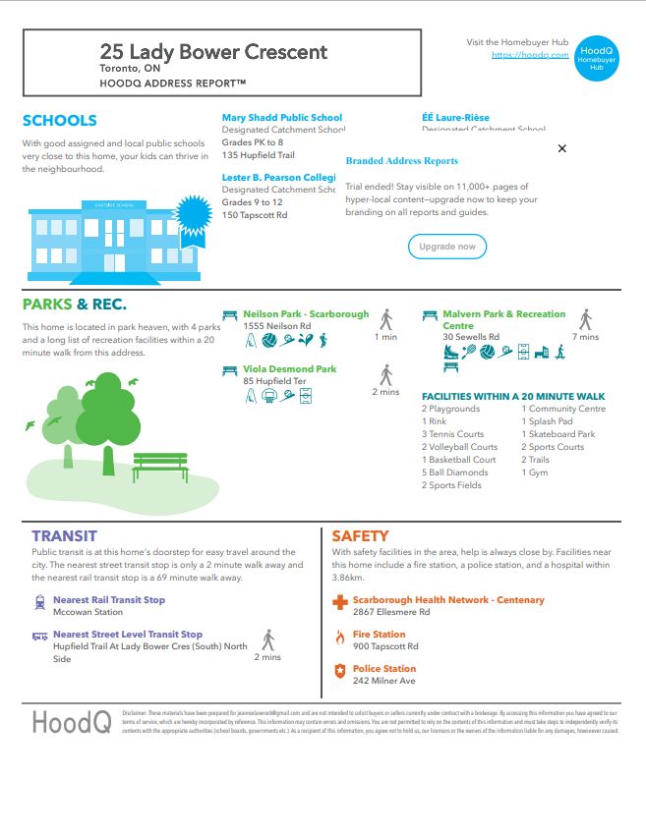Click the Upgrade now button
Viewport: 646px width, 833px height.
point(447,247)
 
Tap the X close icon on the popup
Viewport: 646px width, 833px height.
point(562,148)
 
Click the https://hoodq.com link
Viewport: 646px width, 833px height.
point(530,55)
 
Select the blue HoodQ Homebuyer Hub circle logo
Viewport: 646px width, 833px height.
point(597,56)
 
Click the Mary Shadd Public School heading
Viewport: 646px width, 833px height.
point(282,118)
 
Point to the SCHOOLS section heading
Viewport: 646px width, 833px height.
point(60,121)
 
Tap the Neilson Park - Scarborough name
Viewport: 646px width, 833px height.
point(307,314)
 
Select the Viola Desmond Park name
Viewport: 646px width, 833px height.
point(290,369)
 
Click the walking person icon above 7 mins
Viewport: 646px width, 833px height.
point(585,319)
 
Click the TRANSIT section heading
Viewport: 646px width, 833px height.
point(64,536)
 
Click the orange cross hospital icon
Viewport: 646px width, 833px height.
point(339,601)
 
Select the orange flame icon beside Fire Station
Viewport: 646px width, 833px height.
point(340,637)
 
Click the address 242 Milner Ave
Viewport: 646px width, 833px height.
point(384,681)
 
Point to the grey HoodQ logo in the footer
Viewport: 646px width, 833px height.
point(72,723)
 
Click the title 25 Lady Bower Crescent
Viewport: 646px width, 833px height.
point(214,51)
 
